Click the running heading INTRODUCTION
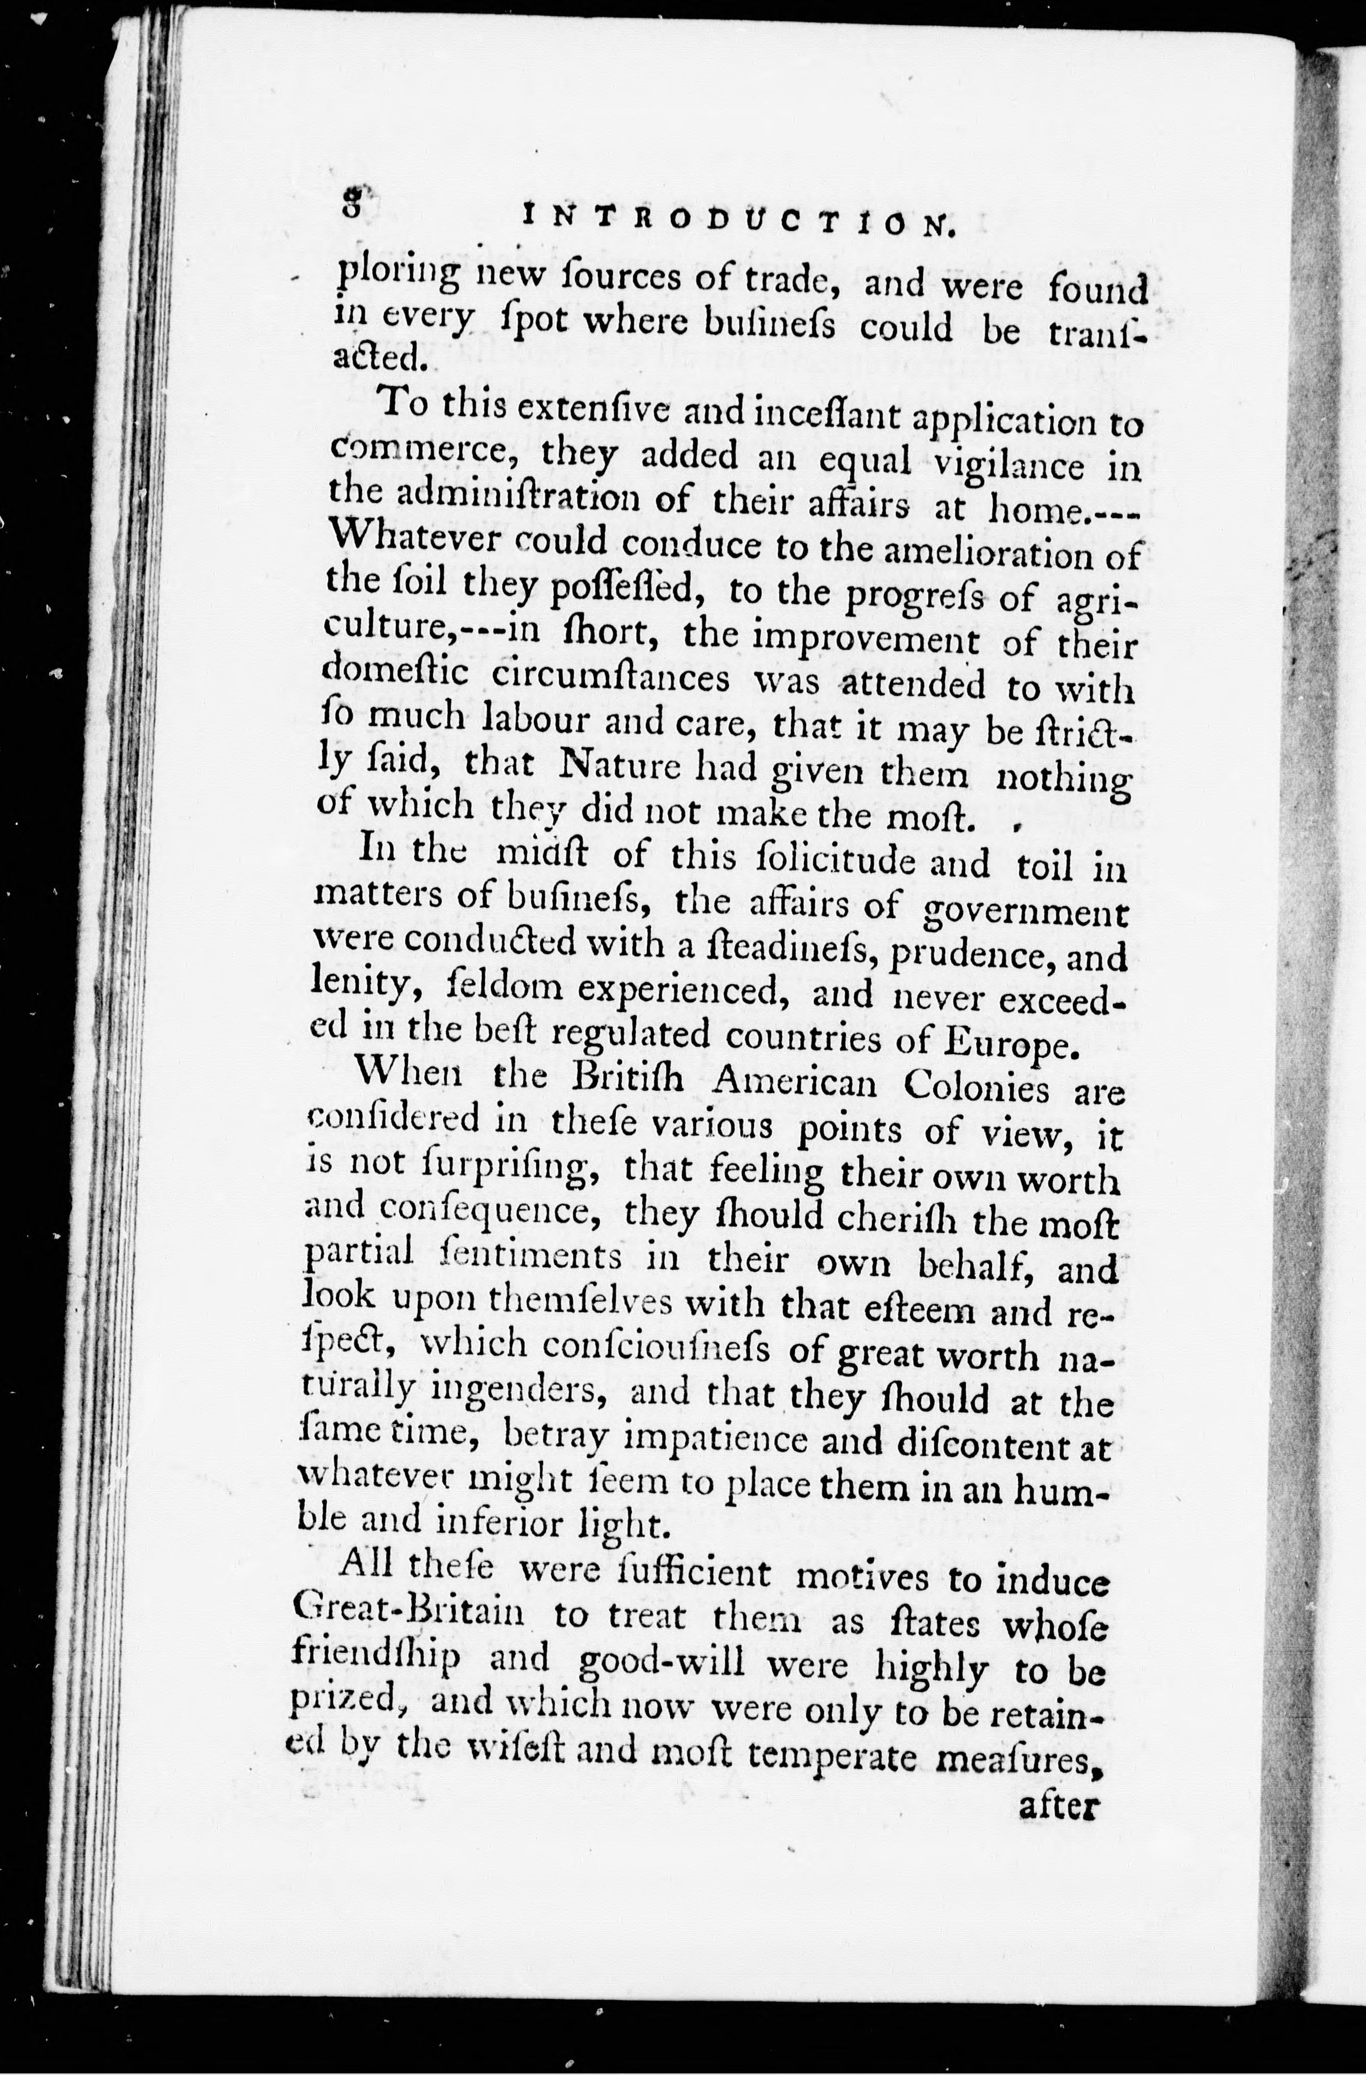click(738, 220)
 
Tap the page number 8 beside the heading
click(352, 206)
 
